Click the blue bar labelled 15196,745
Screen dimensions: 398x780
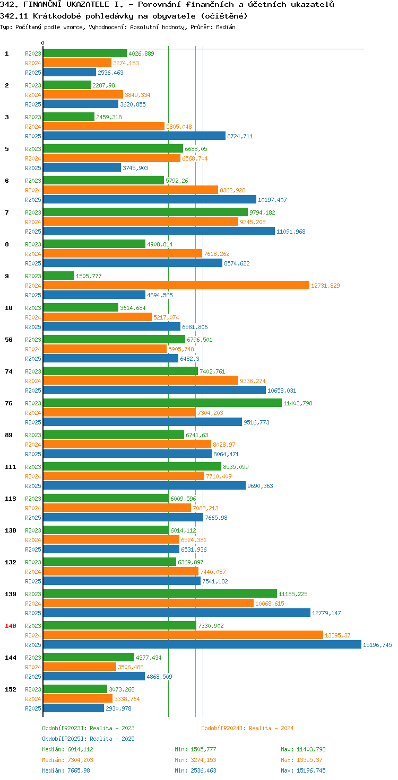202,644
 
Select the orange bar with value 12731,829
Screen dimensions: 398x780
176,285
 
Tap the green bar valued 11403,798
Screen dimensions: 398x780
162,403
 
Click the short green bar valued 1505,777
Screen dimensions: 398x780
58,276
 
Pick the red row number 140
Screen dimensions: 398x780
11,626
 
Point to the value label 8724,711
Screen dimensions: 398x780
240,136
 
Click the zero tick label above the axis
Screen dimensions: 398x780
42,43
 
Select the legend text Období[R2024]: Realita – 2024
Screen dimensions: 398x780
247,728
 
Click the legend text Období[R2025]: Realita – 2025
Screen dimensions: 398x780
88,739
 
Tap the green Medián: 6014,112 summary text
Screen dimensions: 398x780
68,749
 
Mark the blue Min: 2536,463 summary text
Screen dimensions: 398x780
195,770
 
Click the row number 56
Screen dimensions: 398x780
8,340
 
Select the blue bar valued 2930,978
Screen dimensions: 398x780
74,708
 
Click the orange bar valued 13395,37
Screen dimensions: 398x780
183,635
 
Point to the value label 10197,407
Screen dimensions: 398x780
272,200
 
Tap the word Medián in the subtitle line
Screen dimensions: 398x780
226,27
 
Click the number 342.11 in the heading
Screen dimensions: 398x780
14,16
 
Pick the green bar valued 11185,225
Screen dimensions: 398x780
160,593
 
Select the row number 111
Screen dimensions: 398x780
11,467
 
